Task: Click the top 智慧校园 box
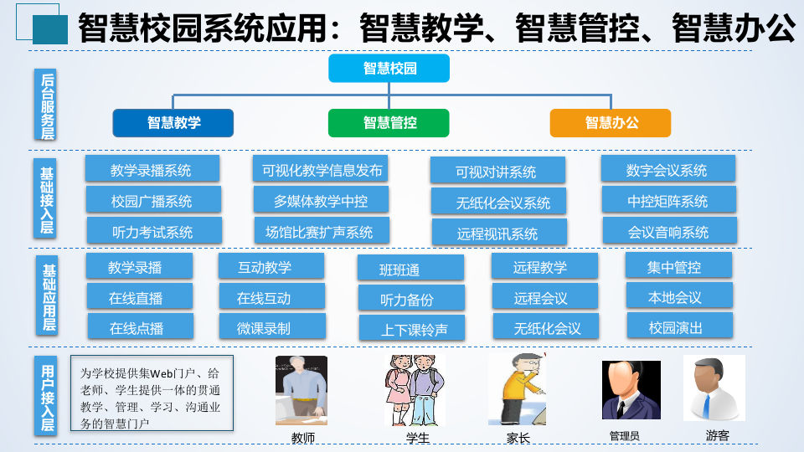(x=389, y=69)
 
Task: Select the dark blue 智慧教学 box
(x=173, y=123)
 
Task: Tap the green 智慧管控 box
(x=389, y=123)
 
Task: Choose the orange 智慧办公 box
(x=611, y=123)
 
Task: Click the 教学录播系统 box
(x=152, y=170)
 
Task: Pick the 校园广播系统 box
(x=152, y=201)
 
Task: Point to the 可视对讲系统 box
(x=497, y=172)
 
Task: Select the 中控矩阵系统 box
(x=667, y=201)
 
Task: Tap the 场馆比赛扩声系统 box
(x=319, y=231)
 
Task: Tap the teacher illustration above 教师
(x=301, y=390)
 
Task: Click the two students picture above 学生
(x=414, y=390)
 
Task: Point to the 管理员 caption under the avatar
(x=624, y=436)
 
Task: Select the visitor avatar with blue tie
(x=714, y=388)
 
